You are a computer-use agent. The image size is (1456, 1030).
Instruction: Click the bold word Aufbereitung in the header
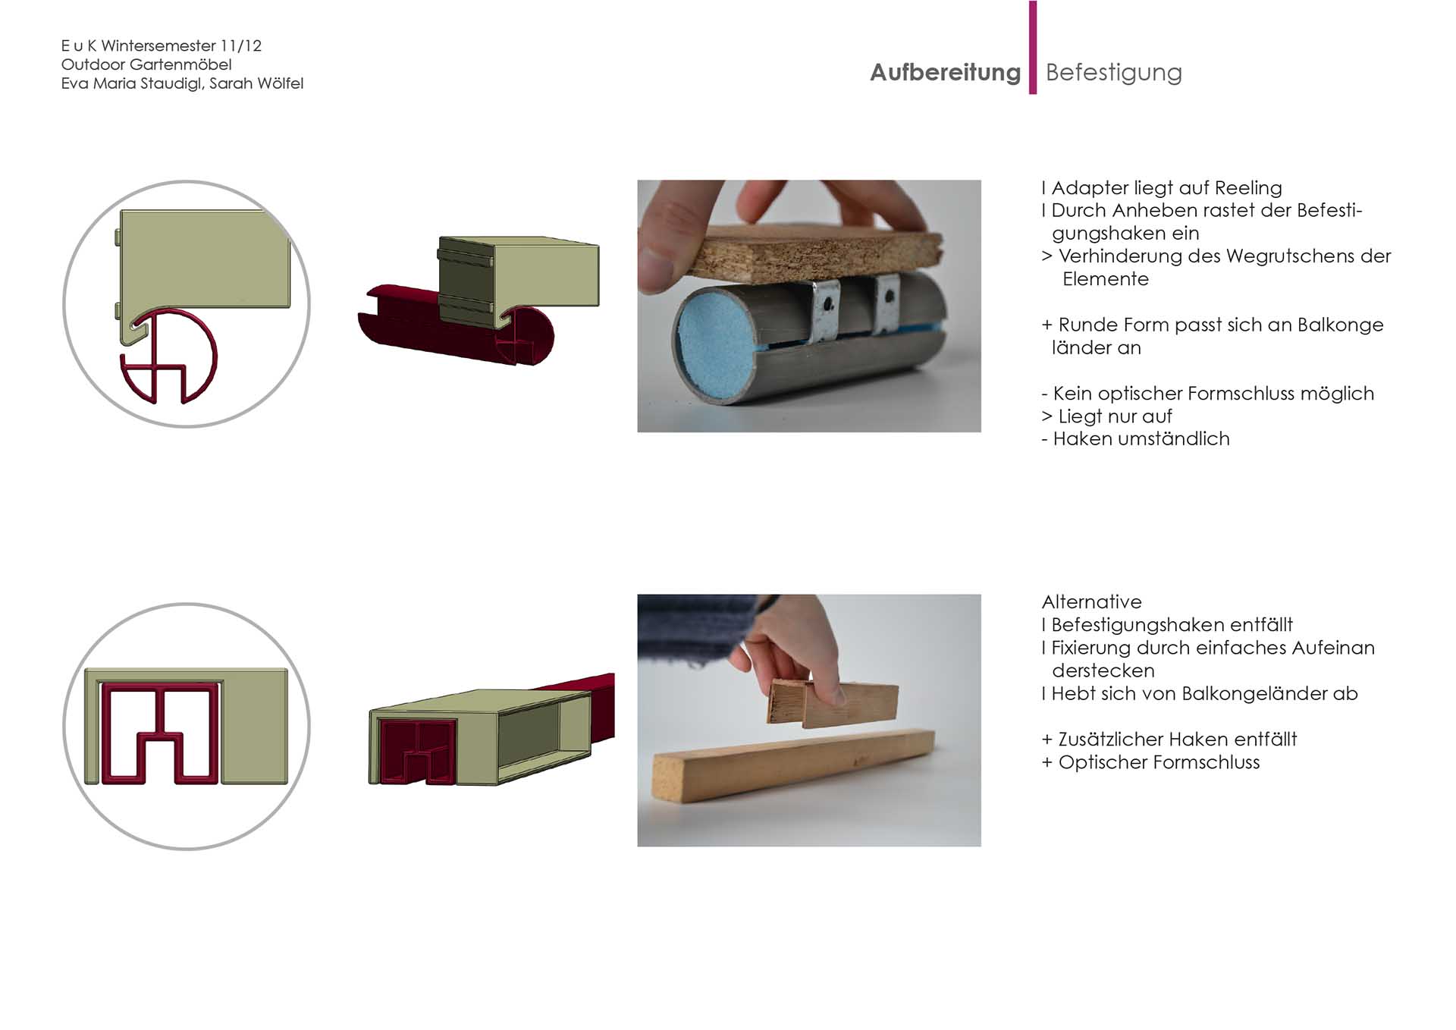[945, 73]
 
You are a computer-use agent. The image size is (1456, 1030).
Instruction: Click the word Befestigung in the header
[1113, 73]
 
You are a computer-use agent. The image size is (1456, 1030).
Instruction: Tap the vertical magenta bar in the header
[1033, 47]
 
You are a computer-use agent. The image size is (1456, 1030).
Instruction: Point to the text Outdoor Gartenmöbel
[146, 64]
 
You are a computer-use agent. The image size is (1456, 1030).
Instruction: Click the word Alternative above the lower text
[1091, 602]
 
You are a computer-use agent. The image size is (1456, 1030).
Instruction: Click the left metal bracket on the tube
[825, 311]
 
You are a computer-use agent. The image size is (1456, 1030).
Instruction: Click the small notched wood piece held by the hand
[833, 703]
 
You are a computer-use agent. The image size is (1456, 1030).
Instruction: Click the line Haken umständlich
[1135, 439]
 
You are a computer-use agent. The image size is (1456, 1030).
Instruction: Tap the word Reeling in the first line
[1248, 188]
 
